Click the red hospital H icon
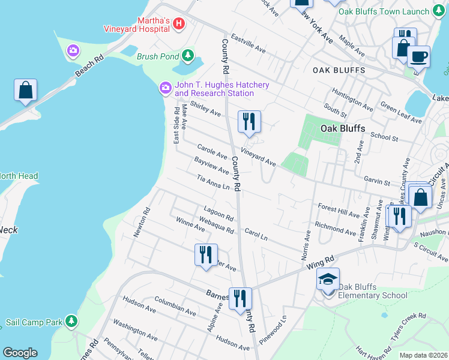(178, 23)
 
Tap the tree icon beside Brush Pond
(188, 56)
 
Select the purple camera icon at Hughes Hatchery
(165, 89)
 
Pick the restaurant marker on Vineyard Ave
(249, 122)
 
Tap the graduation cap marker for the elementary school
(328, 280)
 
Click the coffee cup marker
(418, 57)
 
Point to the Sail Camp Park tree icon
(71, 321)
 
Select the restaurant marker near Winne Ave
(205, 254)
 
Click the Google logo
(20, 353)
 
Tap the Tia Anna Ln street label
(214, 182)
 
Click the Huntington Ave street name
(353, 96)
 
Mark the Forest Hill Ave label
(339, 209)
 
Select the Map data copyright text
(423, 355)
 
